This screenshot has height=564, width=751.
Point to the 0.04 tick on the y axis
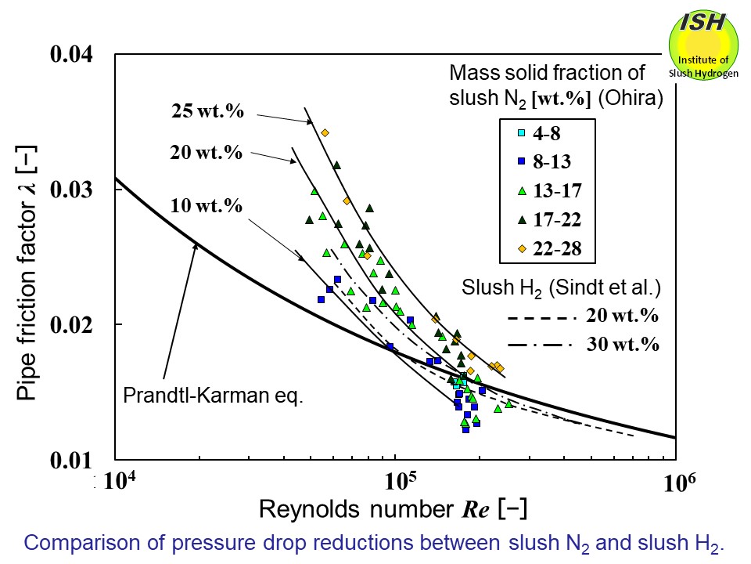tap(73, 54)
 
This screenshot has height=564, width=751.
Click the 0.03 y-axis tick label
tap(73, 190)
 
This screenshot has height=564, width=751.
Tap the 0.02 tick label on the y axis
tap(73, 324)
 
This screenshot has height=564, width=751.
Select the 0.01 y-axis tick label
tap(73, 459)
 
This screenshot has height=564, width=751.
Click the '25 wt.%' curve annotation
tap(207, 111)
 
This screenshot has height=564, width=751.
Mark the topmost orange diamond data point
tap(325, 132)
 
